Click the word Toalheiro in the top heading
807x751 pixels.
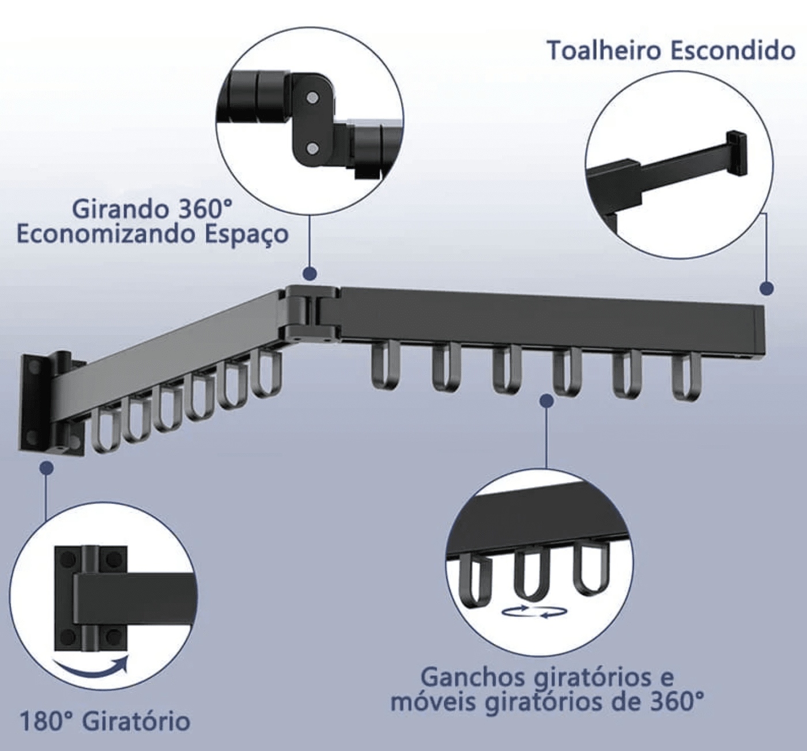coord(604,50)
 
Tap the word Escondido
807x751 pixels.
coord(733,50)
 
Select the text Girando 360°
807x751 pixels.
coord(152,209)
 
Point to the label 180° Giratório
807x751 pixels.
coord(105,721)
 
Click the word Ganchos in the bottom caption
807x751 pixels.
coord(474,676)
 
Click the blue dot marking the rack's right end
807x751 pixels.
coord(766,288)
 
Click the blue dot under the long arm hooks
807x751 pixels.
coord(546,400)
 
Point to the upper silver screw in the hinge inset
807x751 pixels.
coord(312,97)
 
